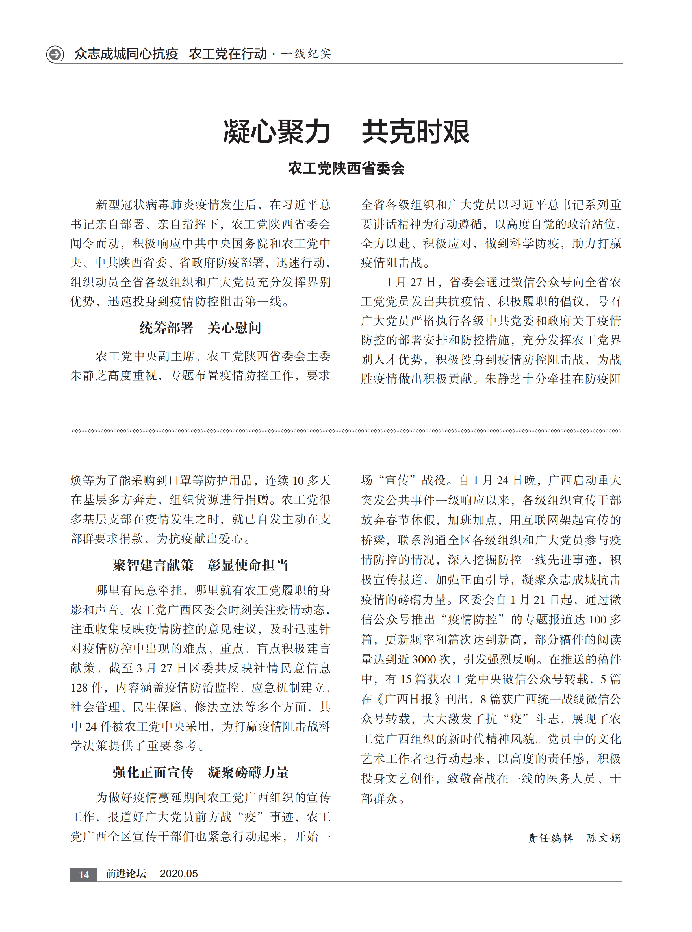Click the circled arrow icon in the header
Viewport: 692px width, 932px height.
pyautogui.click(x=55, y=54)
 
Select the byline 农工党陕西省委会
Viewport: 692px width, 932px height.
pyautogui.click(x=346, y=168)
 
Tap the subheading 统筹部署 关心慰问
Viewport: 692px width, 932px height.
pyautogui.click(x=200, y=328)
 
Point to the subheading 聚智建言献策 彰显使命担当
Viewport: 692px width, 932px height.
pyautogui.click(x=200, y=565)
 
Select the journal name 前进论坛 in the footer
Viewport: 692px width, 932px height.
pyautogui.click(x=126, y=874)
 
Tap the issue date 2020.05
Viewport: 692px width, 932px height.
pyautogui.click(x=179, y=874)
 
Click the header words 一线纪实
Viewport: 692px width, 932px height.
pyautogui.click(x=306, y=54)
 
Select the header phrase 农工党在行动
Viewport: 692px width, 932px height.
pyautogui.click(x=228, y=54)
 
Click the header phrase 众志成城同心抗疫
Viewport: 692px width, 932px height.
pyautogui.click(x=126, y=54)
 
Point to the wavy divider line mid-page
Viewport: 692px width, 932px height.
pyautogui.click(x=346, y=431)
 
